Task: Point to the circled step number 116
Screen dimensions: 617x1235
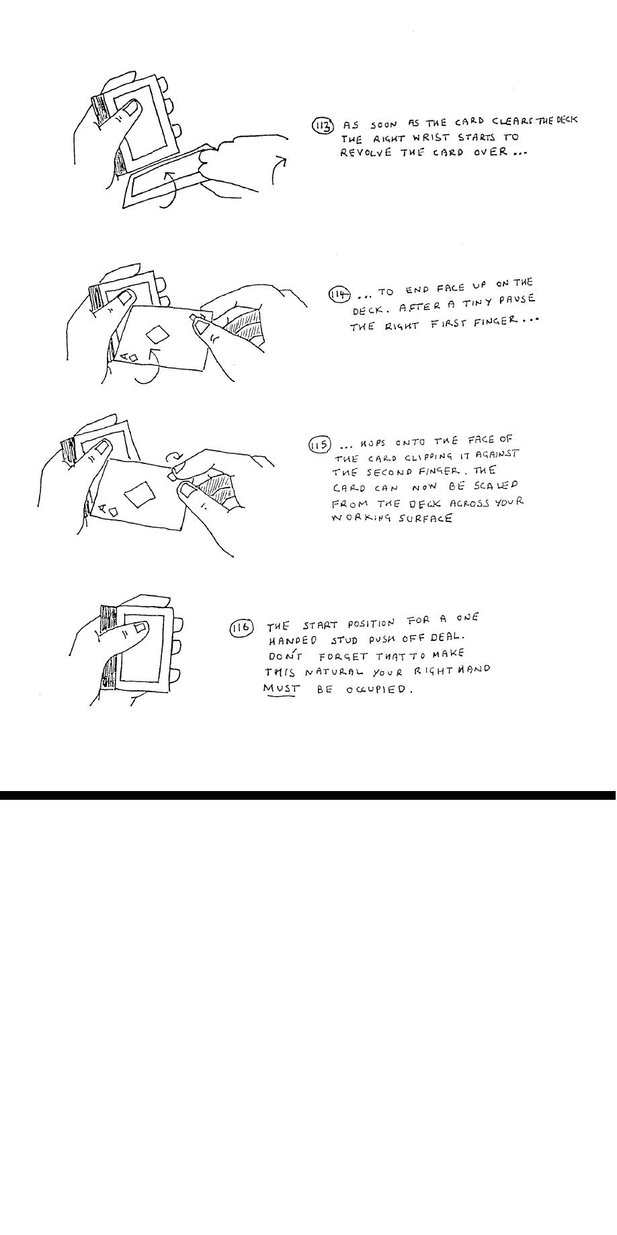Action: [x=241, y=628]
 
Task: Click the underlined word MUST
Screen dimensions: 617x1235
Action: [x=280, y=689]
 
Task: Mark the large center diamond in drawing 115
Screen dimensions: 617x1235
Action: [x=142, y=494]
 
